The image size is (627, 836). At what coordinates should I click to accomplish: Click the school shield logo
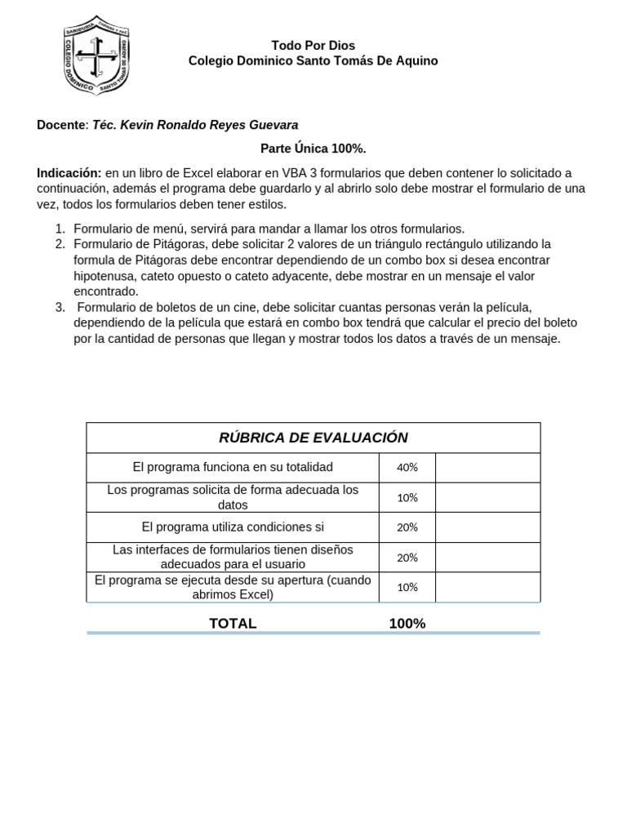pos(96,56)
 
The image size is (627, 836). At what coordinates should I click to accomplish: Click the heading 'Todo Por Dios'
pos(313,46)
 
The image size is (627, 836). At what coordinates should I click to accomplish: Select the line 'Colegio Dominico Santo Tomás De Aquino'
pos(313,61)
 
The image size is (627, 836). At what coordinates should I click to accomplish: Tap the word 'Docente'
pos(60,125)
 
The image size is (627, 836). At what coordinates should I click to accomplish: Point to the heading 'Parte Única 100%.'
pos(313,149)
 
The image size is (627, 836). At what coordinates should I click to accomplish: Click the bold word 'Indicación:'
pos(69,173)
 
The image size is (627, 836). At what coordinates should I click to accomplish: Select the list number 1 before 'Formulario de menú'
pos(60,229)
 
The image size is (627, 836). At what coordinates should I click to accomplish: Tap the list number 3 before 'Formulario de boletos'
pos(60,307)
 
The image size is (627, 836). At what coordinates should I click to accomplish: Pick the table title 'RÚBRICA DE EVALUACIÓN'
pos(313,438)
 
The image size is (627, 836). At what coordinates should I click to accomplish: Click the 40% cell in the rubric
pos(407,468)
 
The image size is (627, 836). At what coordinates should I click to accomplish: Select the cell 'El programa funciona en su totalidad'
pos(233,467)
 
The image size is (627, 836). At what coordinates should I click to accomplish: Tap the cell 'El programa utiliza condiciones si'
pos(233,527)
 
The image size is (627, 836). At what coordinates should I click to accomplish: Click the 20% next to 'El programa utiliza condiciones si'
pos(407,527)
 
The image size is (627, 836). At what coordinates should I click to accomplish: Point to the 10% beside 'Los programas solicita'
pos(407,498)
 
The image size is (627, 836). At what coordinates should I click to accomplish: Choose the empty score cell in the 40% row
pos(487,468)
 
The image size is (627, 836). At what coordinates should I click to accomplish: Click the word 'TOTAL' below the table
pos(233,624)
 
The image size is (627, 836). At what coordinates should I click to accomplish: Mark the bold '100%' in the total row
pos(407,624)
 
